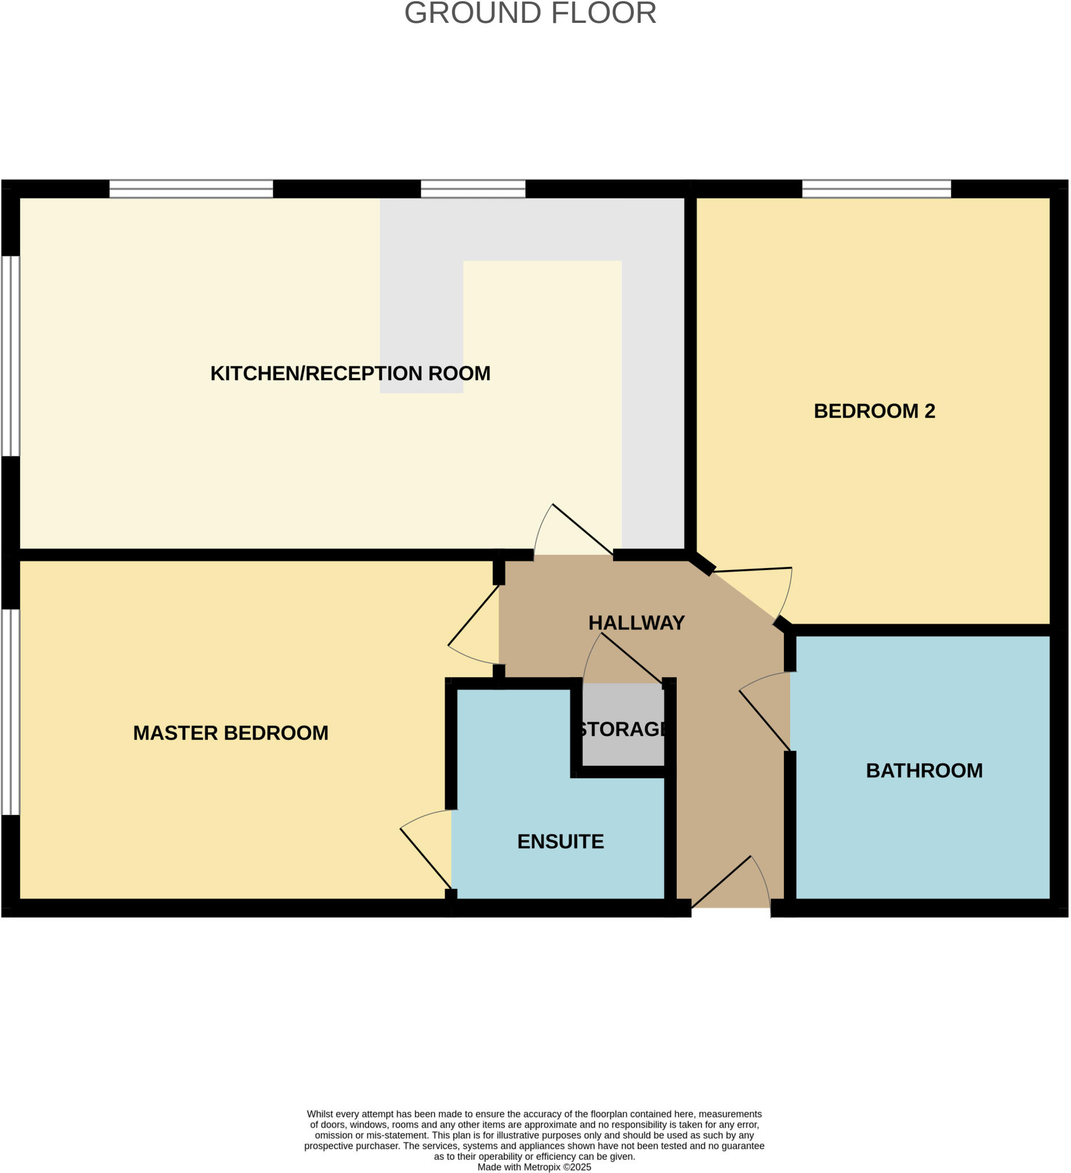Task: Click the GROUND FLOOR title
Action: click(x=530, y=13)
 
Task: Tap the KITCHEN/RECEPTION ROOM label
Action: click(x=350, y=373)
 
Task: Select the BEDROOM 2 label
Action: click(x=874, y=411)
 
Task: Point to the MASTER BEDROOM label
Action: click(x=230, y=733)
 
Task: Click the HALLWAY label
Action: click(x=636, y=623)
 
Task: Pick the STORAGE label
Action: click(x=622, y=730)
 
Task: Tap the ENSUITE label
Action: click(x=560, y=842)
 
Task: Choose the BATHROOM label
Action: click(x=924, y=771)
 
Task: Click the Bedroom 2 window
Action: click(x=877, y=188)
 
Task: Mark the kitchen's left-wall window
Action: click(x=10, y=356)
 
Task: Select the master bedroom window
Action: click(x=10, y=711)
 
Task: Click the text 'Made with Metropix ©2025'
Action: click(x=534, y=1167)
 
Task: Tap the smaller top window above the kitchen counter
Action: click(x=473, y=188)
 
